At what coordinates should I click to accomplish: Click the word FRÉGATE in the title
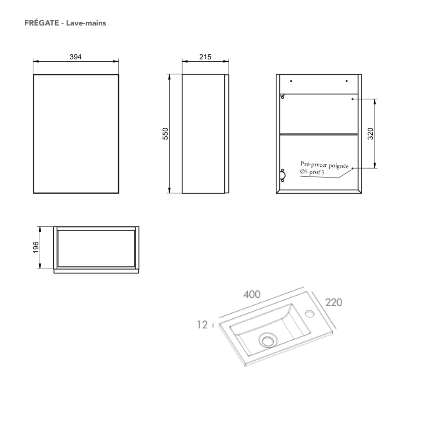42,23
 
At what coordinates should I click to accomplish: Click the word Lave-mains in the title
86,23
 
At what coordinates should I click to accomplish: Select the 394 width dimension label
76,57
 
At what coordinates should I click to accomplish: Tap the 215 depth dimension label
205,57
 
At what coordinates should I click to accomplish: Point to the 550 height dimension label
165,134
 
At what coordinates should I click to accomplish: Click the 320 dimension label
370,134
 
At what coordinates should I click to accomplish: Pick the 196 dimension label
36,248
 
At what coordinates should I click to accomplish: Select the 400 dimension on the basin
252,294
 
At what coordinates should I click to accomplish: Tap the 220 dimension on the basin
333,302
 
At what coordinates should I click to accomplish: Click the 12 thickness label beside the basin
202,325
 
